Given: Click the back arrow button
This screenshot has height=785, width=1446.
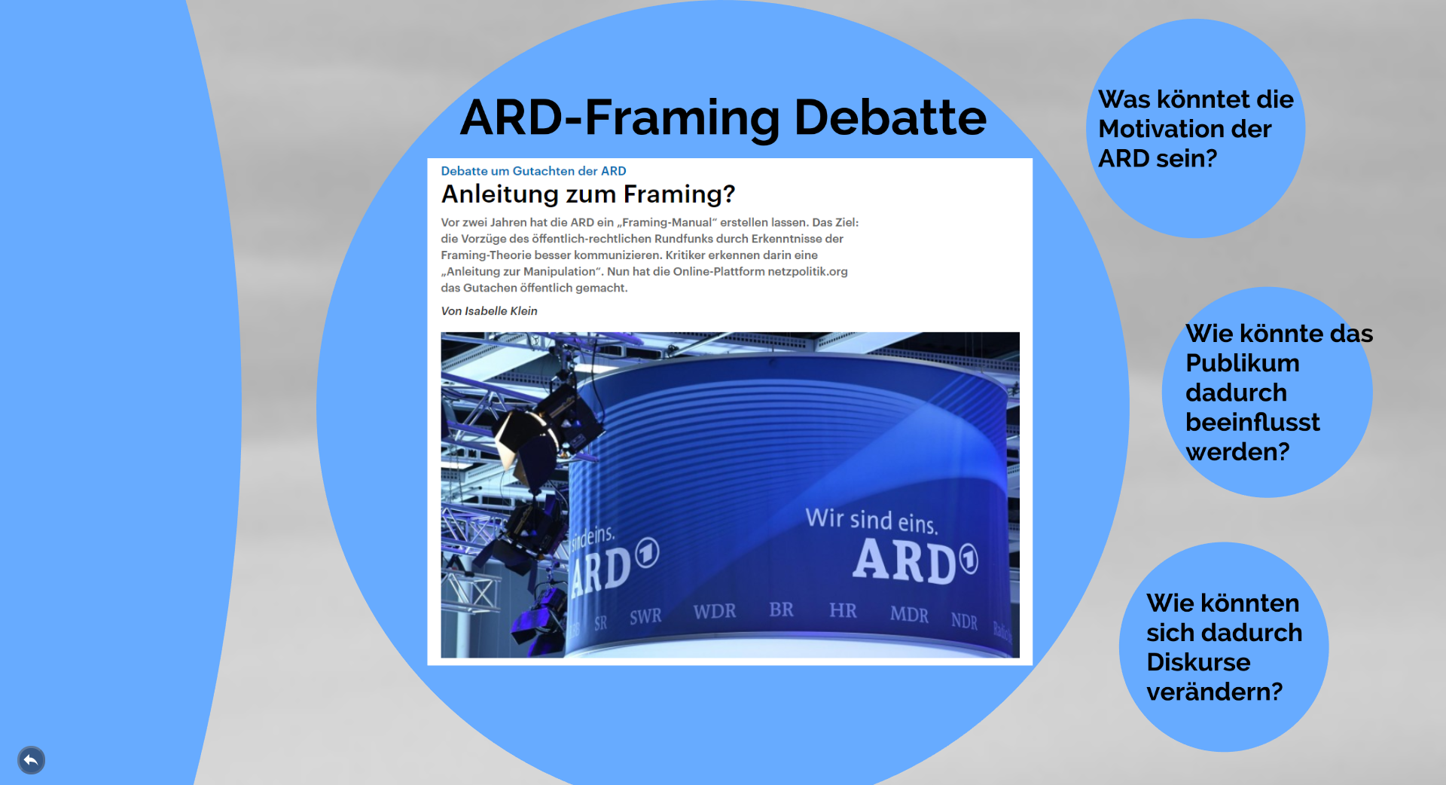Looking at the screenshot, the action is coord(31,760).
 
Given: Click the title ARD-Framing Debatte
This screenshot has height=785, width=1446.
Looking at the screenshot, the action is coord(723,118).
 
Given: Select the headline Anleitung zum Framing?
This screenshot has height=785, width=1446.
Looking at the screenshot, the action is coord(587,194).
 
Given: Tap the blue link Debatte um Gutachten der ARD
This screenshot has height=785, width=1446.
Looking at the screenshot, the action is coord(533,171).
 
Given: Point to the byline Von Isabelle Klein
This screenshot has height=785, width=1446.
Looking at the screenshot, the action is coord(489,311).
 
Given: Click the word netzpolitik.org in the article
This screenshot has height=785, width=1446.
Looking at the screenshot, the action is coord(807,271).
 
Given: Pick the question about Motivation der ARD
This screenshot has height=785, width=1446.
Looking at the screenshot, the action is coord(1195,129).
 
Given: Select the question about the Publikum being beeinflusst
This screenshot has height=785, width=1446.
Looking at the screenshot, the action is coord(1279,392).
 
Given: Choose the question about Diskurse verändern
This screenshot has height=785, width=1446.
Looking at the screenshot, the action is coord(1224,647).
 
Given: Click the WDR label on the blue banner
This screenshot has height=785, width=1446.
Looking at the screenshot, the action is coord(715,611).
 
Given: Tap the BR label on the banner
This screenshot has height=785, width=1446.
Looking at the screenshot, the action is coord(781,609).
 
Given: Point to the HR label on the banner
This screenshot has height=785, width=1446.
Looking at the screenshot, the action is coord(843,610).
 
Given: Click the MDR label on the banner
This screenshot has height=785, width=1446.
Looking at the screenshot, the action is coord(909,615).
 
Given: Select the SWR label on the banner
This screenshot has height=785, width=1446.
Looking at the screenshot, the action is coord(645,617).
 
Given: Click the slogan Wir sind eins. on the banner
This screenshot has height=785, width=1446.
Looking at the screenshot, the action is coord(871,520).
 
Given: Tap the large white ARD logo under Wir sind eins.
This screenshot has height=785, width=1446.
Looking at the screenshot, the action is coord(914,562).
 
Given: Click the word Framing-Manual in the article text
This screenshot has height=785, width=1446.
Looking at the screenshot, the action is coord(667,222).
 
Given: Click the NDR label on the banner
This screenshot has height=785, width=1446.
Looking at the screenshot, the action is coord(964,621).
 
